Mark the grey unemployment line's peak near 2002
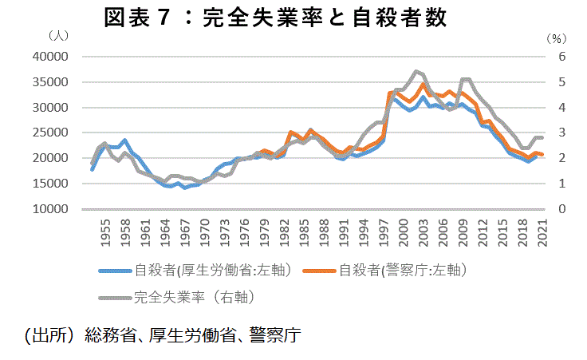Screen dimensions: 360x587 [416, 71]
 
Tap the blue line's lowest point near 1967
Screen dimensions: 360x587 [184, 188]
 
